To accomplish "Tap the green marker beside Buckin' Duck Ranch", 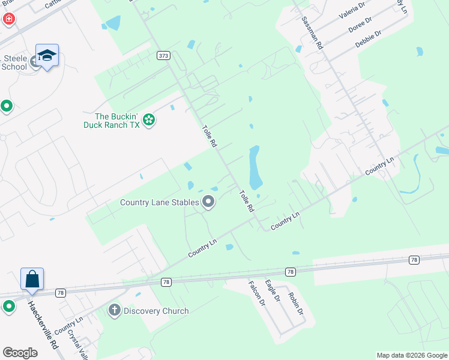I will [x=149, y=121].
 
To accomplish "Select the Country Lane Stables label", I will [x=159, y=202].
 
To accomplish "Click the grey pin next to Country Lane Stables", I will [x=208, y=202].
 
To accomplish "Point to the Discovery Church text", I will [x=156, y=311].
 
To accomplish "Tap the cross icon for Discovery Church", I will [x=114, y=311].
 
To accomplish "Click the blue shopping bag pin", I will [x=32, y=280].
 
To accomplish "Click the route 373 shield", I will [x=163, y=55].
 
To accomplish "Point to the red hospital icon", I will [x=8, y=19].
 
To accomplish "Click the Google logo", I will [x=20, y=353].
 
